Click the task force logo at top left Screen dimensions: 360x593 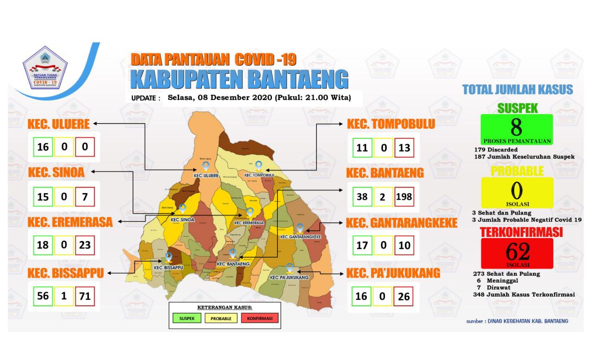coord(45,69)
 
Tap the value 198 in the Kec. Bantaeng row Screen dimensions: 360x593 coord(404,196)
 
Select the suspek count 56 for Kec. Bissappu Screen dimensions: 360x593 coord(43,296)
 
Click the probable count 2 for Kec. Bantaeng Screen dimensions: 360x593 coord(383,196)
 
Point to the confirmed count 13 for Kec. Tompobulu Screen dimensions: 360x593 coord(404,148)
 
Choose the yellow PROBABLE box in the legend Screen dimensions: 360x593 coord(221,318)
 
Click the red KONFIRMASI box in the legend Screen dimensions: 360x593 coord(259,318)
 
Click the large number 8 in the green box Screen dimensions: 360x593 coord(517,126)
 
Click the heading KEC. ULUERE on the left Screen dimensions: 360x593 coord(60,124)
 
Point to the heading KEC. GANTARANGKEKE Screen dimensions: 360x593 coord(402,223)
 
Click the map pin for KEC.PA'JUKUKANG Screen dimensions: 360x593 coord(290,268)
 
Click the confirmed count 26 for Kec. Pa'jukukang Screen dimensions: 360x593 coord(404,296)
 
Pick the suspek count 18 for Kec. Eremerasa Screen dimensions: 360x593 coord(43,245)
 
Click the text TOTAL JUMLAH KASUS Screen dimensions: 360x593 coord(517,90)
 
